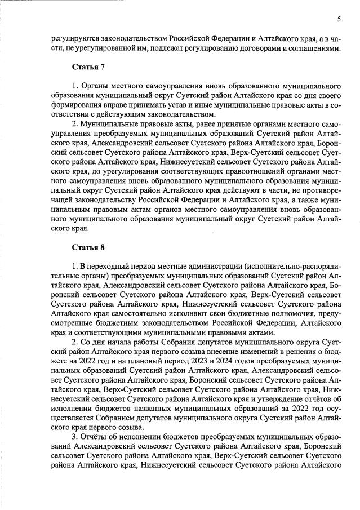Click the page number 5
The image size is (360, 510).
point(339,19)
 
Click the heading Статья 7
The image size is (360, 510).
point(88,68)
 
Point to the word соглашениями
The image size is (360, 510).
point(315,48)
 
